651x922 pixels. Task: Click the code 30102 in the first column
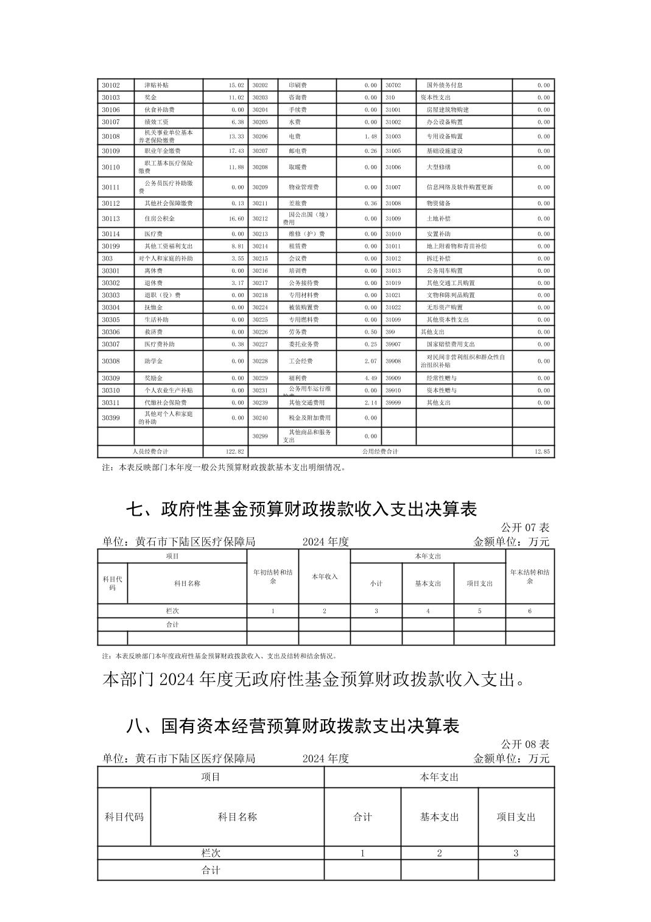coord(111,85)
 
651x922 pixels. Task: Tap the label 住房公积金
coord(159,219)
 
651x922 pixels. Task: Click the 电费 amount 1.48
coord(370,136)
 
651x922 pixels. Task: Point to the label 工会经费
coord(300,361)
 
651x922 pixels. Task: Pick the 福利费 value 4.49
coord(370,378)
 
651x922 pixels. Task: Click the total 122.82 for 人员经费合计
coord(235,451)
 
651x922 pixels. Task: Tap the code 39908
coord(393,361)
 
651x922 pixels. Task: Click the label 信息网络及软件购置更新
coord(459,187)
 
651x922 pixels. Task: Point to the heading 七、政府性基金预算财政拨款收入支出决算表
coord(301,509)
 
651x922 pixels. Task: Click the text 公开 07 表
coord(524,527)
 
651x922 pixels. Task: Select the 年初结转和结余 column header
coord(273,577)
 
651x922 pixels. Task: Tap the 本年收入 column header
coord(324,577)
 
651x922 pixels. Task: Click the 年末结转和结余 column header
coord(530,577)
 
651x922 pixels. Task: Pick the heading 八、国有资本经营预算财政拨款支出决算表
coord(292,725)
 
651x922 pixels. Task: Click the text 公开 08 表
coord(524,744)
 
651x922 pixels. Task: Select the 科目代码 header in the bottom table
coord(124,817)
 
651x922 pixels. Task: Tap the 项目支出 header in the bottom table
coord(516,817)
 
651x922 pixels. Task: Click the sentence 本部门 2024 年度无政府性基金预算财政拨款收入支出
coord(314,680)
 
